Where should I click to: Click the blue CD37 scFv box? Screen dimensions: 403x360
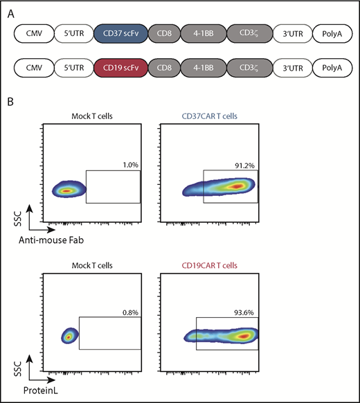coord(120,34)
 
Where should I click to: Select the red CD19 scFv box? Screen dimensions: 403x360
coord(120,69)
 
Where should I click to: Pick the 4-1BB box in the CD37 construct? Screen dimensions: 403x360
coord(204,34)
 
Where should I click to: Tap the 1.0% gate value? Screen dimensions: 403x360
coord(132,165)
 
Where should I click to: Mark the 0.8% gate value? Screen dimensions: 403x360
coord(131,312)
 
